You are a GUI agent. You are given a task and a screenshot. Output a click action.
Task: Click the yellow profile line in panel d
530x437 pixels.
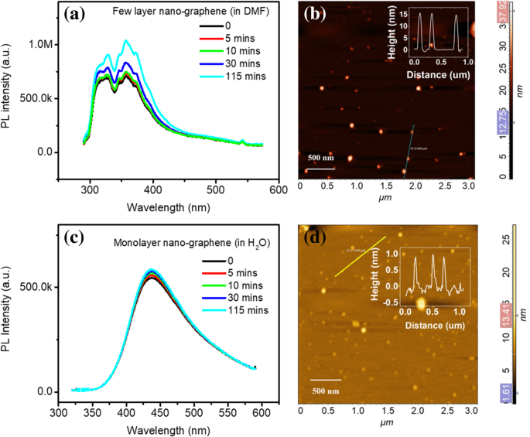(360, 256)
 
